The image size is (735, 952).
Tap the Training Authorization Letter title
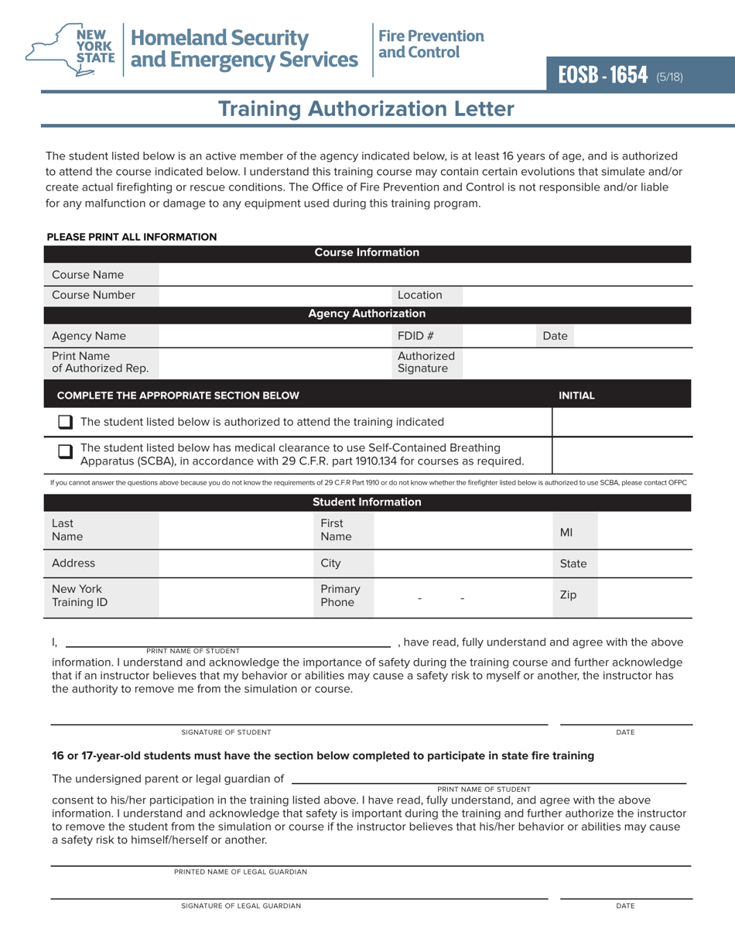coord(366,108)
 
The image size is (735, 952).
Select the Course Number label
coord(93,295)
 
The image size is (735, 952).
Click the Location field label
coord(420,295)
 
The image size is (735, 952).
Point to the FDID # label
coord(415,336)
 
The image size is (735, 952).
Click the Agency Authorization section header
coord(367,313)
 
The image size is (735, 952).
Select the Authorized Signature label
coord(426,362)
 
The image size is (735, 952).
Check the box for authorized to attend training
coord(66,422)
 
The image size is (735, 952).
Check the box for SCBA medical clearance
coord(66,451)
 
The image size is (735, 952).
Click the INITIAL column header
coord(576,396)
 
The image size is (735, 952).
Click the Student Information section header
coord(367,502)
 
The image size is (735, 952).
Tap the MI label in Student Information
coord(566,533)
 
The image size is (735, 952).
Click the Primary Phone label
coord(340,596)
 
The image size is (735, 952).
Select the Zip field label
coord(568,595)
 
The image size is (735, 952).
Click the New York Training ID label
coord(79,596)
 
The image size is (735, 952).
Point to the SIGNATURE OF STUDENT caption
coord(226,732)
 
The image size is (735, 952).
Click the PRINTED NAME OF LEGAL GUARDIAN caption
coord(241,872)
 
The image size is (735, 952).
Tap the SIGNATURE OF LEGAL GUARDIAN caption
coord(241,906)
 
